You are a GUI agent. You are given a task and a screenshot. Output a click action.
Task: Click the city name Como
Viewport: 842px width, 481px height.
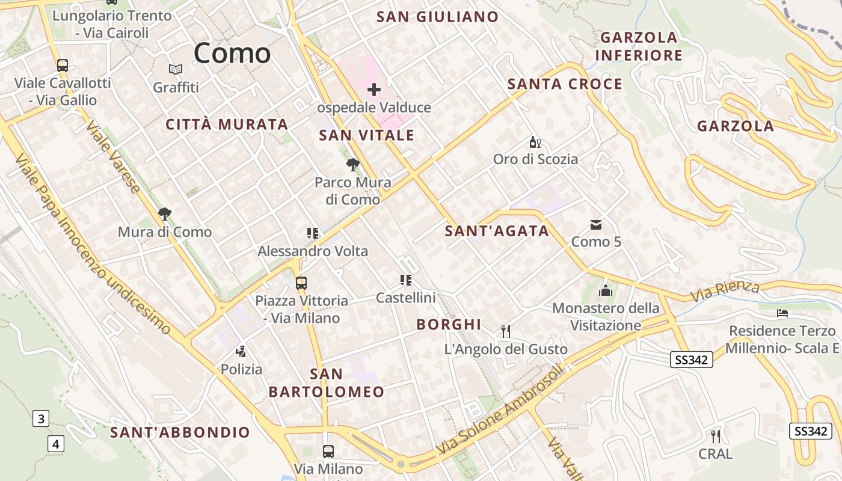(x=232, y=53)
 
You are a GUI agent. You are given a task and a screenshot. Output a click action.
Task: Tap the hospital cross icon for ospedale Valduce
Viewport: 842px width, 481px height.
(x=374, y=90)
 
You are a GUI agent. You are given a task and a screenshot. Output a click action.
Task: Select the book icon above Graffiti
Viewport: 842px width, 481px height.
(x=176, y=70)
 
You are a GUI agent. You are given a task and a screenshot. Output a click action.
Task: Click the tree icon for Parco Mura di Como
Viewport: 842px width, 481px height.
(x=353, y=164)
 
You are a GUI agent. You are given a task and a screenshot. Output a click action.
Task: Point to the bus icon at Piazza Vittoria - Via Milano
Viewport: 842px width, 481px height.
(x=301, y=283)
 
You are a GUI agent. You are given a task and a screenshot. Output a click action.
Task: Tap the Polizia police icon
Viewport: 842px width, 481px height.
(x=241, y=351)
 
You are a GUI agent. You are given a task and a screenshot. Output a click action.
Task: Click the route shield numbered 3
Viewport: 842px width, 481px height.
(x=40, y=418)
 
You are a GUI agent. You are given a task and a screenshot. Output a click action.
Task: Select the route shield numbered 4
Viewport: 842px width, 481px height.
(x=56, y=444)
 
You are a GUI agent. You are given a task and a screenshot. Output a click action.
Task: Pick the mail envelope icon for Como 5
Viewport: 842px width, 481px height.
(x=596, y=224)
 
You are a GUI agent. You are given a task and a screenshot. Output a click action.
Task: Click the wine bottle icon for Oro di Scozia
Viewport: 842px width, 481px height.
(x=535, y=142)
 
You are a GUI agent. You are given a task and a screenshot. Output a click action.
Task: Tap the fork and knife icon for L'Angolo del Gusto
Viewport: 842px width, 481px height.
(x=506, y=331)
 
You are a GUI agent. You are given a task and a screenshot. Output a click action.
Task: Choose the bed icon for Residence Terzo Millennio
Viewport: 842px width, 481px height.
(x=782, y=313)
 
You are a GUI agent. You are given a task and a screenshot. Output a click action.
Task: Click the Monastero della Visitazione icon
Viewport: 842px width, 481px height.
(x=606, y=290)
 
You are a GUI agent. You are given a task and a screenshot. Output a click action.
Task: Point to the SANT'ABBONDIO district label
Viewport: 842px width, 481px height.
(x=180, y=432)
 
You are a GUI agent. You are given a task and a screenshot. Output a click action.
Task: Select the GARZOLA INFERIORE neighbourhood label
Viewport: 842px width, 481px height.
(x=639, y=46)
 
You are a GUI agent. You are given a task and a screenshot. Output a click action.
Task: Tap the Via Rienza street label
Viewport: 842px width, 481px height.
(x=725, y=291)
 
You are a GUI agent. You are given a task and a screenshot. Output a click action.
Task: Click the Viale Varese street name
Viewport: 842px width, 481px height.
(x=113, y=157)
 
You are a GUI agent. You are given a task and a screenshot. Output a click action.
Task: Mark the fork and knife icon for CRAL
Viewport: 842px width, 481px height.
(x=716, y=436)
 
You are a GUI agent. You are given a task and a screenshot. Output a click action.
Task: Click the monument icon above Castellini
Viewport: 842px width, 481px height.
(x=406, y=280)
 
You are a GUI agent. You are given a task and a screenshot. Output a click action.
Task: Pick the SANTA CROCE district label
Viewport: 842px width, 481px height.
(x=565, y=84)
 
